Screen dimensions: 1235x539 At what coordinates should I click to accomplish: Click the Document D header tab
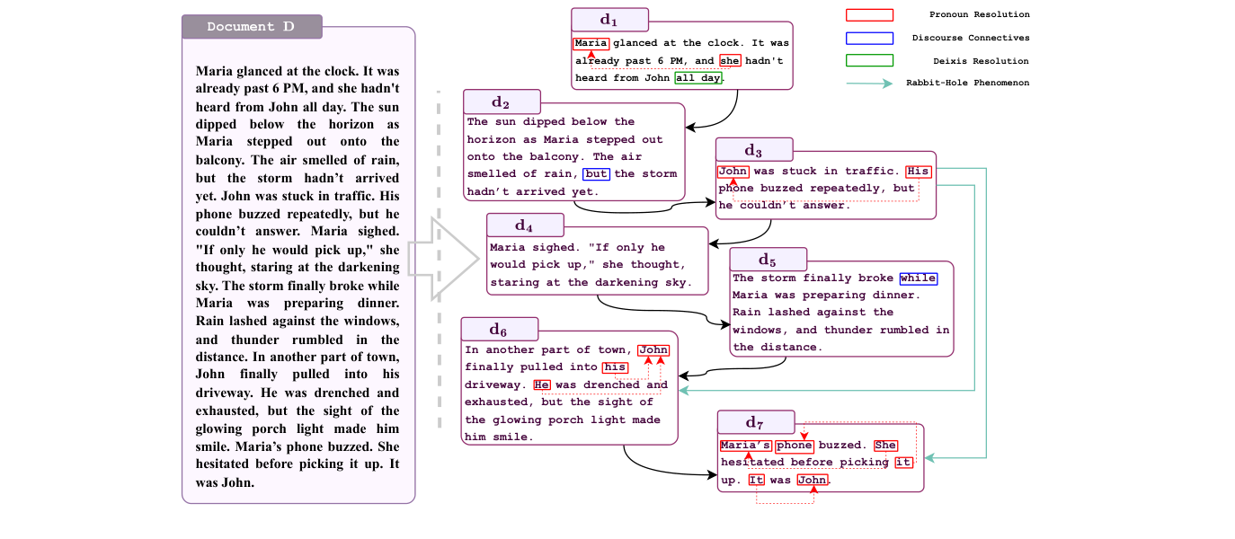[252, 26]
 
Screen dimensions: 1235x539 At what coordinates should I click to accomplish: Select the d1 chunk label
[609, 20]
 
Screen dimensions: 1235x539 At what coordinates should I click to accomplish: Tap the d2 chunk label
[502, 102]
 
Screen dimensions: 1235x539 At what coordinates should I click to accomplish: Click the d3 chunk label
[754, 150]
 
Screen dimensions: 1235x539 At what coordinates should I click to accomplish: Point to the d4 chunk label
[525, 225]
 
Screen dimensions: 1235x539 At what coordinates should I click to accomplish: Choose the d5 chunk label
[768, 260]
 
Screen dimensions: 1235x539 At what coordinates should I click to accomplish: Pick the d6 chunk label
[499, 330]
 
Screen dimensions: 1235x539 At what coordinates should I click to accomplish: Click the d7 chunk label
[756, 423]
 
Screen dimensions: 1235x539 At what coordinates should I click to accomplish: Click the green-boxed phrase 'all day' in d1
[698, 78]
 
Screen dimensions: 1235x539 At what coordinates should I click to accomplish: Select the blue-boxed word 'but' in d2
[596, 174]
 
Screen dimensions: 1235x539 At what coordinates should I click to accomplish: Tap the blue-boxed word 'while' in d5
[919, 278]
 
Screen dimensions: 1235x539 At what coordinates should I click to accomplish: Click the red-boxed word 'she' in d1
[730, 60]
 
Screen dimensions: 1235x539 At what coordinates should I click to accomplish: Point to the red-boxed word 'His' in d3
[918, 172]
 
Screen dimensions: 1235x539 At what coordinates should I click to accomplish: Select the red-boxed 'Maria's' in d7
[745, 446]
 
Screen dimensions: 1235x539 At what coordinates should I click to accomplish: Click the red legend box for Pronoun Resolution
[869, 15]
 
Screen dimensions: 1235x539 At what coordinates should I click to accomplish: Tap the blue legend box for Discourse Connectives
[869, 38]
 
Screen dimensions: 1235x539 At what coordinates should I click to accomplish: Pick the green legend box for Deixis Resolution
[869, 60]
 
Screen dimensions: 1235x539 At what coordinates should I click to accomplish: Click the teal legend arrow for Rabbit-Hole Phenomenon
[869, 84]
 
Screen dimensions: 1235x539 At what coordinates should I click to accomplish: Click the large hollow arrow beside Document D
[444, 259]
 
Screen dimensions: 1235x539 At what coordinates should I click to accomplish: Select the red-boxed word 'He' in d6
[542, 384]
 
